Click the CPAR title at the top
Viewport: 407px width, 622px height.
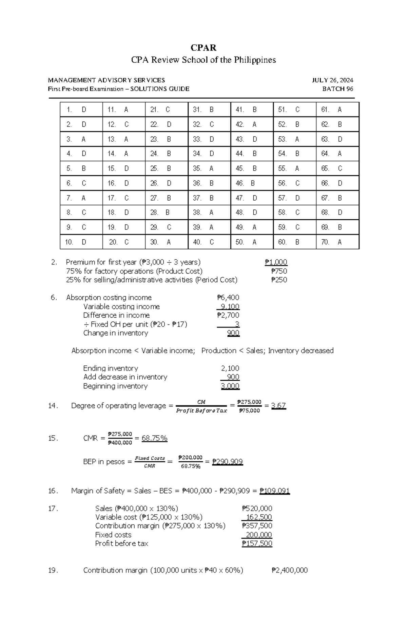(203, 48)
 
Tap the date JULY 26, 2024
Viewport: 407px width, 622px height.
(332, 80)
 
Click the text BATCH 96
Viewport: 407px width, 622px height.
(337, 89)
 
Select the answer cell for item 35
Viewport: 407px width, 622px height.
(209, 168)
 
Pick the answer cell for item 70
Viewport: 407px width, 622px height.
(337, 242)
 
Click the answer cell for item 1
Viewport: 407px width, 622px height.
(81, 109)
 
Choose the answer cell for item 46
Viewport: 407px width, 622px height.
(252, 183)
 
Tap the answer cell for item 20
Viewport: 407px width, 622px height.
(124, 242)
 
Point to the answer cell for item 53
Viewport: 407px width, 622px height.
(294, 139)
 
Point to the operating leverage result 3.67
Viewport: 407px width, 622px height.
(278, 406)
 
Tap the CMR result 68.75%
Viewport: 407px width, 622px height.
(154, 438)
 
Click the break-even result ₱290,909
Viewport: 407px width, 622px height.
(227, 462)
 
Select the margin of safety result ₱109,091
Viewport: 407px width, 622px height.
(274, 491)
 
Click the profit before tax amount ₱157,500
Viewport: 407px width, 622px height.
(257, 544)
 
